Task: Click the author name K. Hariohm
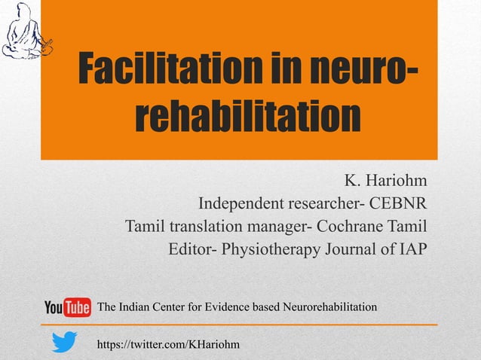(x=385, y=182)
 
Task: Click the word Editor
(x=189, y=249)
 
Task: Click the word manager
(x=279, y=226)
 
